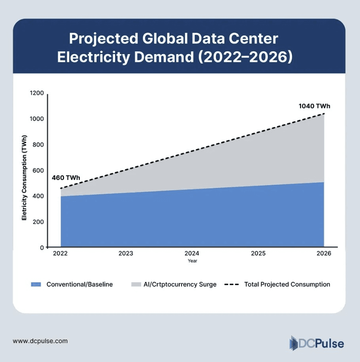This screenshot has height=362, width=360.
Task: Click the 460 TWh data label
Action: coord(66,178)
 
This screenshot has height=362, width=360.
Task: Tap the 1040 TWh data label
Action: coord(314,106)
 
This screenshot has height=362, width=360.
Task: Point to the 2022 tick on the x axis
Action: coord(61,253)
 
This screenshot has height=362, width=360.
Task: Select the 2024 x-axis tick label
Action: coord(192,253)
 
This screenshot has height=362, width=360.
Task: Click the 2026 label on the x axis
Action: coord(324,253)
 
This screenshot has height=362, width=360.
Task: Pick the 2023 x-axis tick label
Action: coord(126,253)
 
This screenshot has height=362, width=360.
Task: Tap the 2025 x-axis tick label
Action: coord(258,253)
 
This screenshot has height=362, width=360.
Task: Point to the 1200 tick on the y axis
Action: coord(37,94)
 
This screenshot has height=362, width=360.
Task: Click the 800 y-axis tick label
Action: coord(39,145)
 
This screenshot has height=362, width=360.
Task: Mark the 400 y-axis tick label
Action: coord(39,196)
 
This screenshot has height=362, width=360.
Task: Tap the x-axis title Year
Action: coord(193,261)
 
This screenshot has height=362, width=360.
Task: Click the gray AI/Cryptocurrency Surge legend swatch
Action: coord(136,285)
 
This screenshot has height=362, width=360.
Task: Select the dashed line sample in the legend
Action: coord(231,285)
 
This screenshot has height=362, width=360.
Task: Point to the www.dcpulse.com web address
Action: coord(40,341)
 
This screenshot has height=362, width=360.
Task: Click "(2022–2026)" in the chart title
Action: coord(245,57)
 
